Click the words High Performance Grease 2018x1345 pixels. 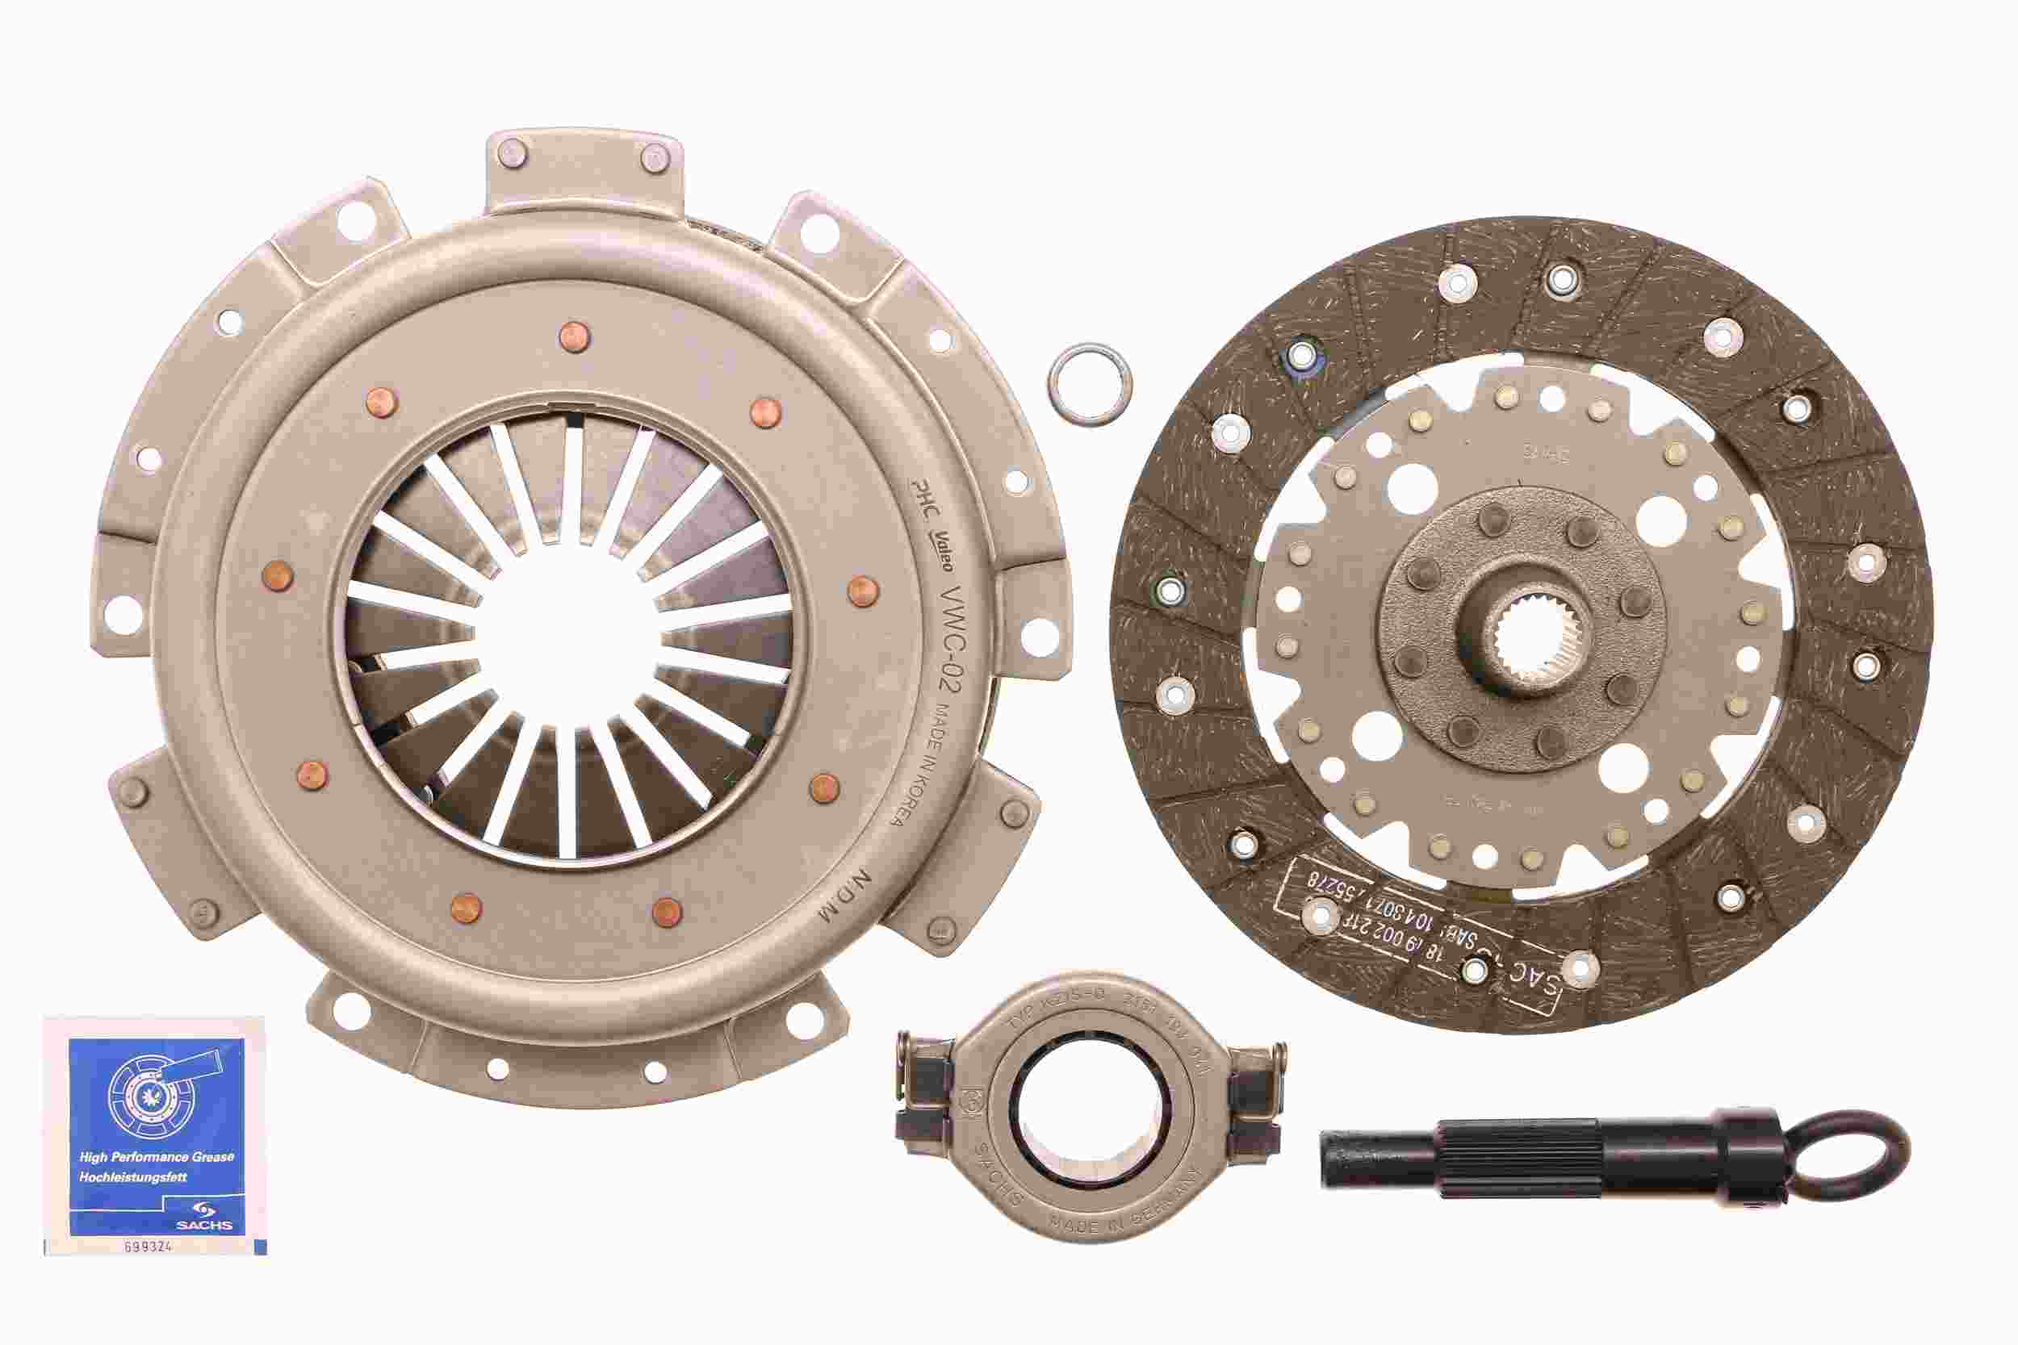[x=156, y=1156]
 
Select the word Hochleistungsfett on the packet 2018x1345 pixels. [x=133, y=1177]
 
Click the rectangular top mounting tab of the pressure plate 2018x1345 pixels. [x=585, y=172]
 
